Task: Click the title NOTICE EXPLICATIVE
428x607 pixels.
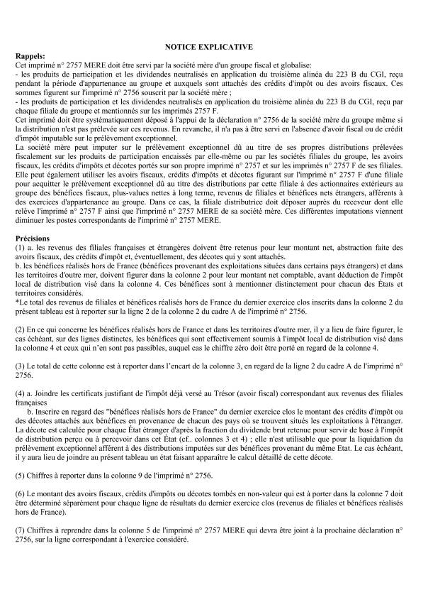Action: pos(213,46)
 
